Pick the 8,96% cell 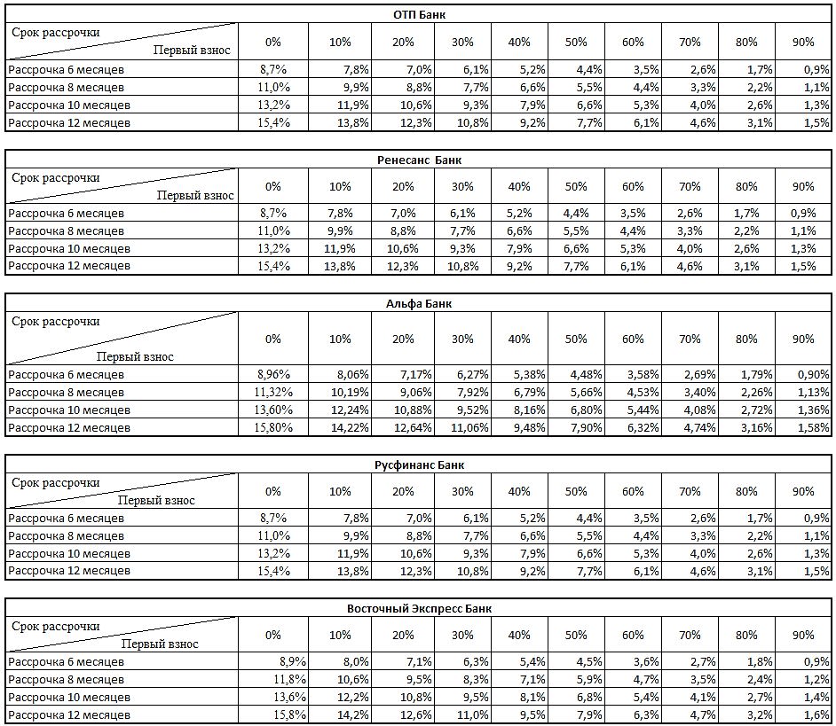click(x=272, y=374)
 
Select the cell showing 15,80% click(x=272, y=427)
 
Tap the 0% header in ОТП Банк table click(x=272, y=42)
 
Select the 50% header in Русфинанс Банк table click(x=576, y=491)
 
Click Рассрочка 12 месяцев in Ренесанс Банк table click(x=69, y=266)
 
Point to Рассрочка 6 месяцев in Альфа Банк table click(x=67, y=374)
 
